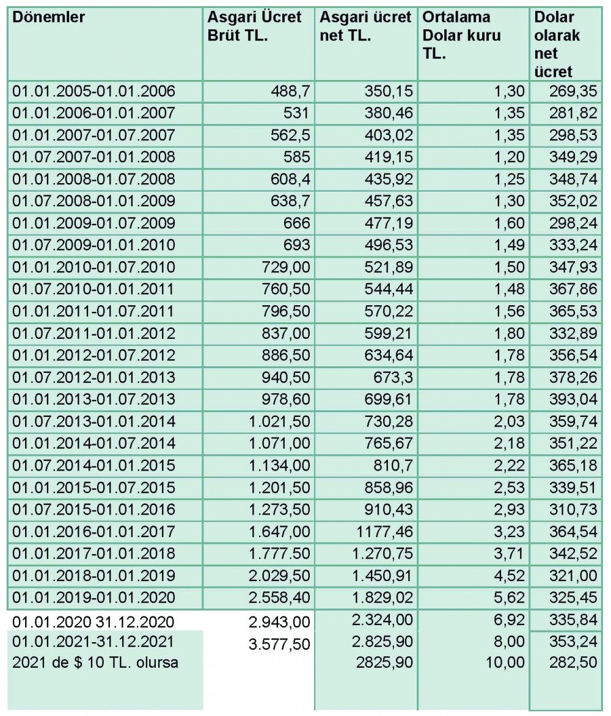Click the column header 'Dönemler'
pos(49,17)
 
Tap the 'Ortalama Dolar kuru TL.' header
pos(461,35)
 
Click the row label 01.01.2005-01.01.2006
pos(93,92)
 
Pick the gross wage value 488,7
pos(290,92)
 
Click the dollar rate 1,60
pos(508,223)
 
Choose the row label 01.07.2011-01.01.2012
pos(93,333)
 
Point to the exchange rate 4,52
pos(508,575)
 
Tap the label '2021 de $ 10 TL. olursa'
pos(95,662)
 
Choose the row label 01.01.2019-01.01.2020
pos(93,597)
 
